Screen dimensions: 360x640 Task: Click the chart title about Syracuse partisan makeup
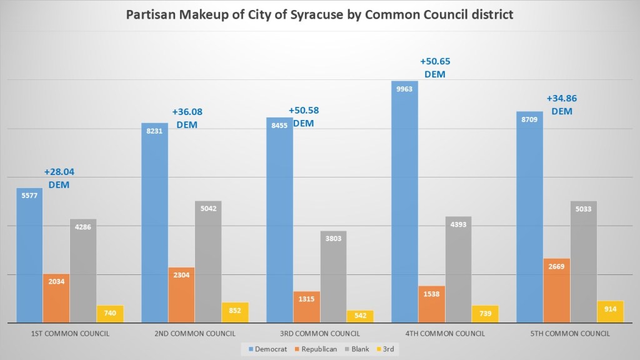coord(319,14)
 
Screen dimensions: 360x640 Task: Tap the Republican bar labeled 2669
coord(556,291)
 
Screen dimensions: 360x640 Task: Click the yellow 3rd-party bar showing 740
coord(110,314)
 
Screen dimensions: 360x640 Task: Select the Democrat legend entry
coord(267,349)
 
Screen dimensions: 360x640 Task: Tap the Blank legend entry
coord(360,349)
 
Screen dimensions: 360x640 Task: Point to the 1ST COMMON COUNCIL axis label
coord(70,334)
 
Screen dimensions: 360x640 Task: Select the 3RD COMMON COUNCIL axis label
coord(319,334)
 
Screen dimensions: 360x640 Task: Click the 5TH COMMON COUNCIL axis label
coord(569,334)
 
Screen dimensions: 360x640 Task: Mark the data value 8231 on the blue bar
coord(154,131)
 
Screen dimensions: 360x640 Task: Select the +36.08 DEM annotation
coord(187,118)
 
